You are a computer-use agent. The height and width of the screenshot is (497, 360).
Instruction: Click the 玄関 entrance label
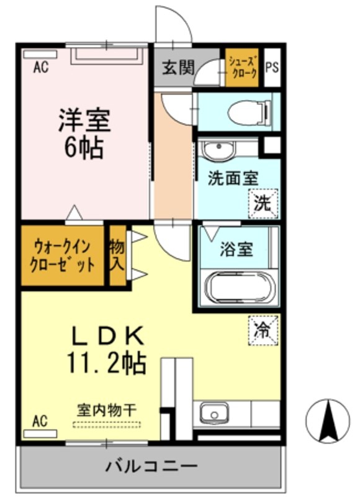tap(178, 67)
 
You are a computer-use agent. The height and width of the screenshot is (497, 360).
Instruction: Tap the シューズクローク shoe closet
tap(242, 68)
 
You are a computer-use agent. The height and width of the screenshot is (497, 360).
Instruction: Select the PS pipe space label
tap(272, 67)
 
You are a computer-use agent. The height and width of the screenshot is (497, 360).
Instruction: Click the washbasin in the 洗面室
tap(218, 150)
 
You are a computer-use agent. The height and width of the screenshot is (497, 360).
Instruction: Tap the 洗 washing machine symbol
tap(263, 204)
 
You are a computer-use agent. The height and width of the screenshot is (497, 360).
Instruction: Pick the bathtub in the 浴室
tap(239, 288)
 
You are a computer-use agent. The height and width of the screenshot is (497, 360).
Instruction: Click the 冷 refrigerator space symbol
tap(263, 331)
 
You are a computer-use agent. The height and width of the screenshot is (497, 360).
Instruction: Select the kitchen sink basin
tap(214, 413)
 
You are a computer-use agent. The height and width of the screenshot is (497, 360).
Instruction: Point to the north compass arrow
tap(327, 421)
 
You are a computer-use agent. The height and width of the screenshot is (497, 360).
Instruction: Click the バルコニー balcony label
tap(151, 466)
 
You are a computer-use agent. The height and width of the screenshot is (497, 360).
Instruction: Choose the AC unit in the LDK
tap(40, 433)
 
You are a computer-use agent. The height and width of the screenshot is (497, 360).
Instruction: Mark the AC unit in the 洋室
tap(40, 54)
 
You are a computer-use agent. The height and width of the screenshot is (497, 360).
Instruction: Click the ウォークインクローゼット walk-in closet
tap(62, 255)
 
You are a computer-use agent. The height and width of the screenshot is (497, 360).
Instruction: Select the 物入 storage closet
tap(117, 255)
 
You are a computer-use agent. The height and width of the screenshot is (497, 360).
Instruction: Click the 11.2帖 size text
tap(106, 363)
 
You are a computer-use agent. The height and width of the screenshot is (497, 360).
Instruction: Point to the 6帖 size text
tap(84, 148)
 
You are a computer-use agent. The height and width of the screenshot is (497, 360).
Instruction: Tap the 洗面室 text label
tap(233, 178)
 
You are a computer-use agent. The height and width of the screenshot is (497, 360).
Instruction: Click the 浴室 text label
tap(237, 250)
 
